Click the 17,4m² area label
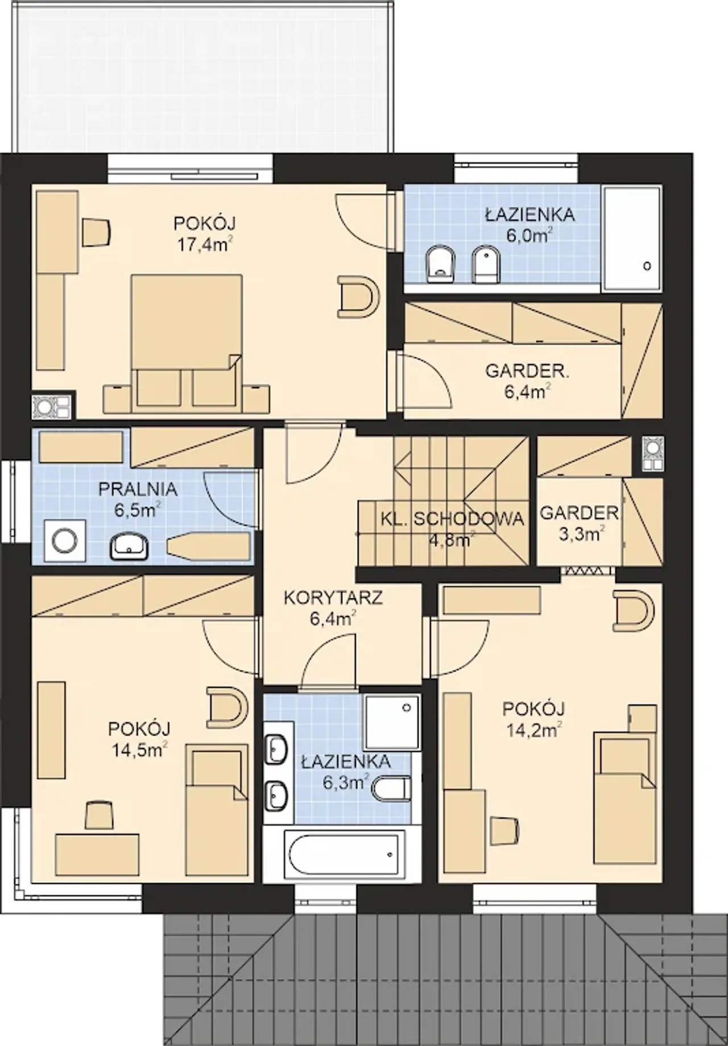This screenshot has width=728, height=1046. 205,244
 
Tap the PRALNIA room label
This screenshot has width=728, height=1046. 138,489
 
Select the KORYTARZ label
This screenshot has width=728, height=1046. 333,598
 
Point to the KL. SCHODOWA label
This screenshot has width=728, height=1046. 452,519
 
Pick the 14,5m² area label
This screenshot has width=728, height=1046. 139,751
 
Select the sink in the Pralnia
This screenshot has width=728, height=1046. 130,547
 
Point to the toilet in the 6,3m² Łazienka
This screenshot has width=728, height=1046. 392,790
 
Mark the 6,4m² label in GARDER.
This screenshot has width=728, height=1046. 528,391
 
